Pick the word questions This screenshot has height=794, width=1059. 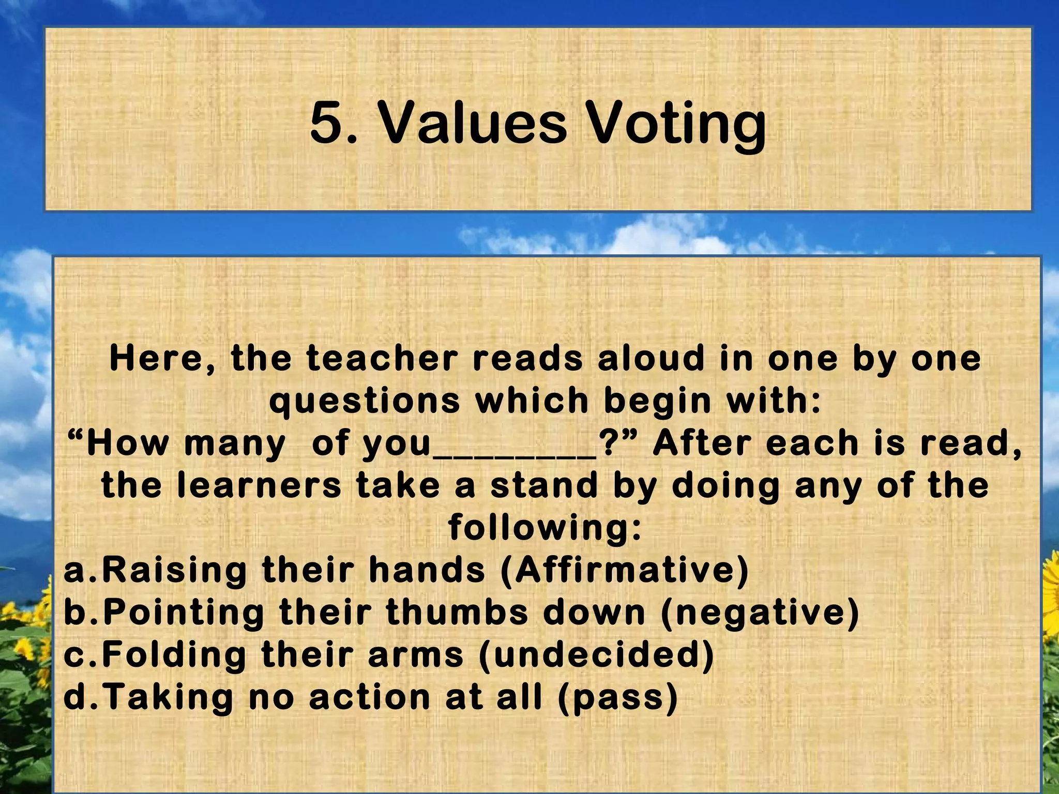point(365,401)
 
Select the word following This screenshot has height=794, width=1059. point(545,528)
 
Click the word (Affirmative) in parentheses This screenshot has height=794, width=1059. point(625,570)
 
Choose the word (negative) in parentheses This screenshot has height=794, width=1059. point(760,613)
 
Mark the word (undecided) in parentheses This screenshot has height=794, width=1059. point(596,655)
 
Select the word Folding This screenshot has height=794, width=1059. point(174,655)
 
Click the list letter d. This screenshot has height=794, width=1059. point(74,697)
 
